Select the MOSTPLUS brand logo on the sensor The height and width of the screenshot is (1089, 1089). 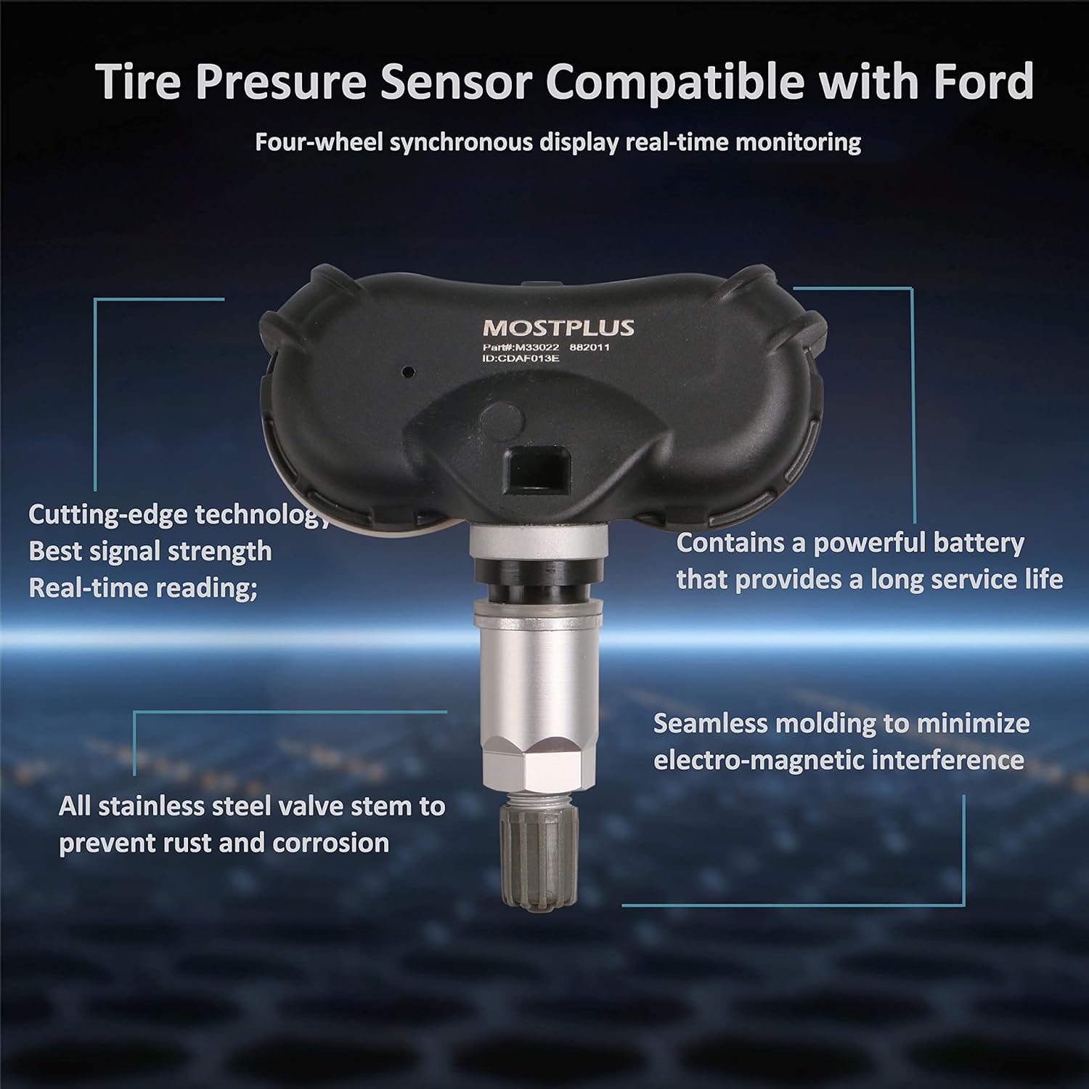tap(558, 328)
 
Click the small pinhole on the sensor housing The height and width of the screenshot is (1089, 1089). tap(408, 372)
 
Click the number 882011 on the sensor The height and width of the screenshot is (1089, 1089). tap(590, 347)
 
